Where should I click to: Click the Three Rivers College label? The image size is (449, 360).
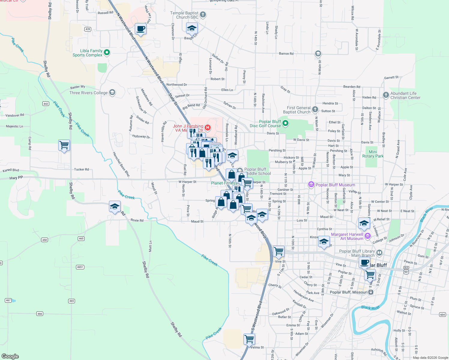[88, 93]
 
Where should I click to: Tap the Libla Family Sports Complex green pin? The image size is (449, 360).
[107, 53]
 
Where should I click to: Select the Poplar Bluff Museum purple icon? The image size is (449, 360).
[311, 184]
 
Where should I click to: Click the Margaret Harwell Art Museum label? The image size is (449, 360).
[347, 236]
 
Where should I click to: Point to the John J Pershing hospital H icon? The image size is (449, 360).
[207, 128]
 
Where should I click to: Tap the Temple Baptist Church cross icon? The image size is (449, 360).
[203, 14]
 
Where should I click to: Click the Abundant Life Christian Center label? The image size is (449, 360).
[405, 95]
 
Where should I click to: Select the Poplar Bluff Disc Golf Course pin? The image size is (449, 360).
[285, 123]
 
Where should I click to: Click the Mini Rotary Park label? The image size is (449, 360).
[373, 154]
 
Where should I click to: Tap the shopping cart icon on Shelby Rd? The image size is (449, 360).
[64, 145]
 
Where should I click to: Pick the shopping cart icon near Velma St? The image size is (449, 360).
[249, 339]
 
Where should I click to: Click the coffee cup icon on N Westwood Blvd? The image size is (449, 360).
[140, 29]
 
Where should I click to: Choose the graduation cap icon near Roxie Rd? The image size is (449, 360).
[115, 206]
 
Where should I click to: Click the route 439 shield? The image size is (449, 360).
[88, 29]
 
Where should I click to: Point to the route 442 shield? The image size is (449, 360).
[46, 104]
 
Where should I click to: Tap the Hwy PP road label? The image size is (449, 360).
[16, 178]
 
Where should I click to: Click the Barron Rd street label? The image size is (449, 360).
[286, 54]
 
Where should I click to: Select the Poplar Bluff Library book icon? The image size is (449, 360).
[379, 253]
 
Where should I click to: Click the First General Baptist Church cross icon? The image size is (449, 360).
[315, 109]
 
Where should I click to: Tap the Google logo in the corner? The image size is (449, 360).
[10, 356]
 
